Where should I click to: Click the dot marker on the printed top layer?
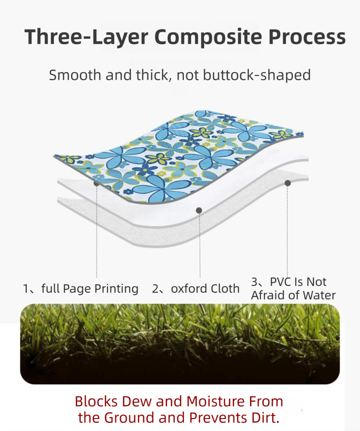[x=96, y=183]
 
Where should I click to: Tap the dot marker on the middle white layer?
[x=199, y=210]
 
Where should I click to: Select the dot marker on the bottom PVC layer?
[x=288, y=183]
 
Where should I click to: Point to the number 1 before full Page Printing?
[x=26, y=289]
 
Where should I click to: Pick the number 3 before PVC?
[x=254, y=282]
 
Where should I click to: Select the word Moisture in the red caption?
[x=217, y=401]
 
